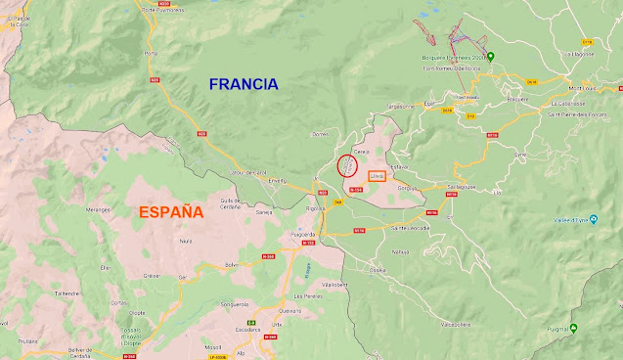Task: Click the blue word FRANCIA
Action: pyautogui.click(x=244, y=84)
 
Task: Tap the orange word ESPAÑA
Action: pyautogui.click(x=170, y=212)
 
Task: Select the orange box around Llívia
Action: pyautogui.click(x=377, y=176)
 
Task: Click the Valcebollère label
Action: pyautogui.click(x=457, y=322)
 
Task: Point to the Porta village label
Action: pyautogui.click(x=150, y=53)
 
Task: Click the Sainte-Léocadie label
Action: pyautogui.click(x=410, y=227)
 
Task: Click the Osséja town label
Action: pyautogui.click(x=378, y=270)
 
